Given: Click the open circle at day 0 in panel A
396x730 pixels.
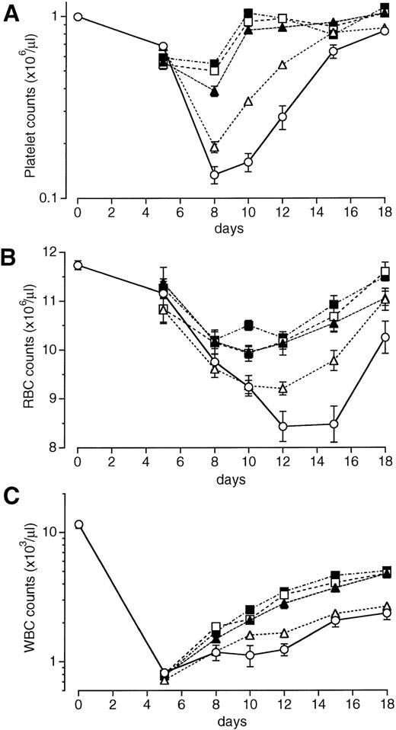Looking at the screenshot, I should (78, 17).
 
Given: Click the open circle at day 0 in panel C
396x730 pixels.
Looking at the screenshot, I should (78, 524).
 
